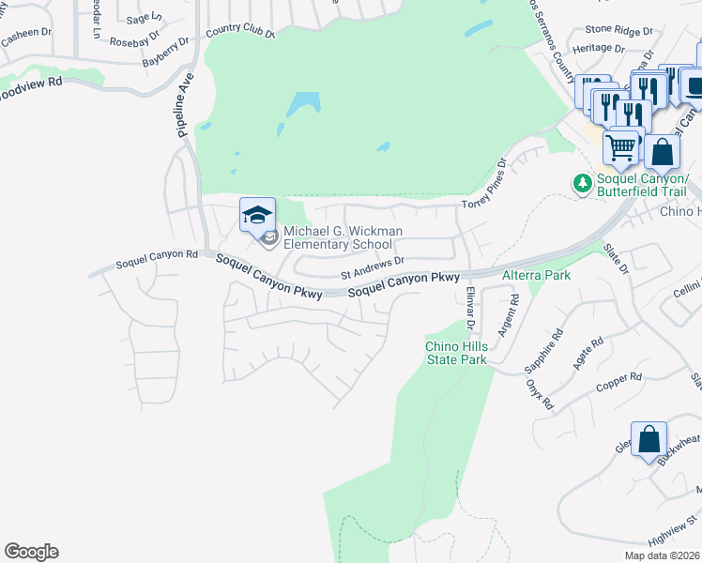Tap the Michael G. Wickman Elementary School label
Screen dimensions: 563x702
point(343,238)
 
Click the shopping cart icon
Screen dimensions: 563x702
point(620,147)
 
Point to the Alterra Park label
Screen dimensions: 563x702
point(536,275)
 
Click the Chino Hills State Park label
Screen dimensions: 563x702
point(456,352)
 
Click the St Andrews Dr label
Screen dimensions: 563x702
point(372,268)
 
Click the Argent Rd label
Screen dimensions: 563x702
point(508,316)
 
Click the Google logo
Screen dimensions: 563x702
point(31,552)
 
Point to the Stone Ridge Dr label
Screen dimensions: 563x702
point(618,30)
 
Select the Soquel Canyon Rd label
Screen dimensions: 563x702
point(157,254)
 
